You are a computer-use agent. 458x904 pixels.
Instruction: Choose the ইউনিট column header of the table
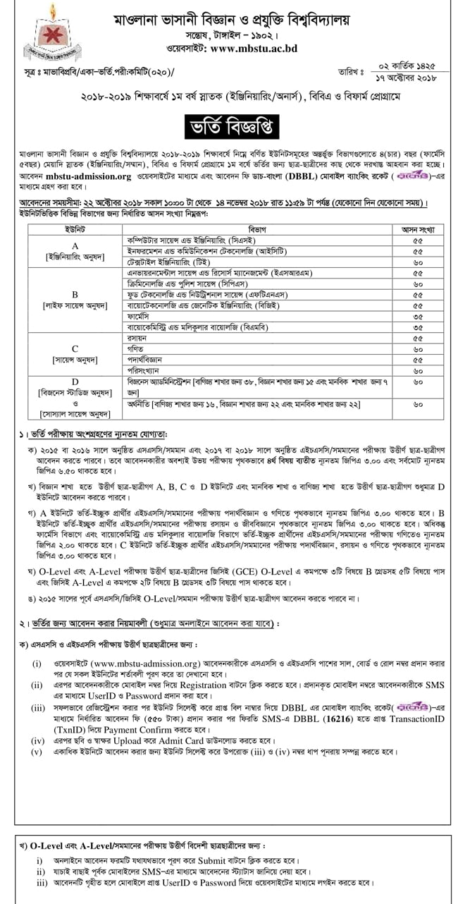pos(75,230)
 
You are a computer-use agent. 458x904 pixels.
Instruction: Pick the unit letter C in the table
pos(75,348)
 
